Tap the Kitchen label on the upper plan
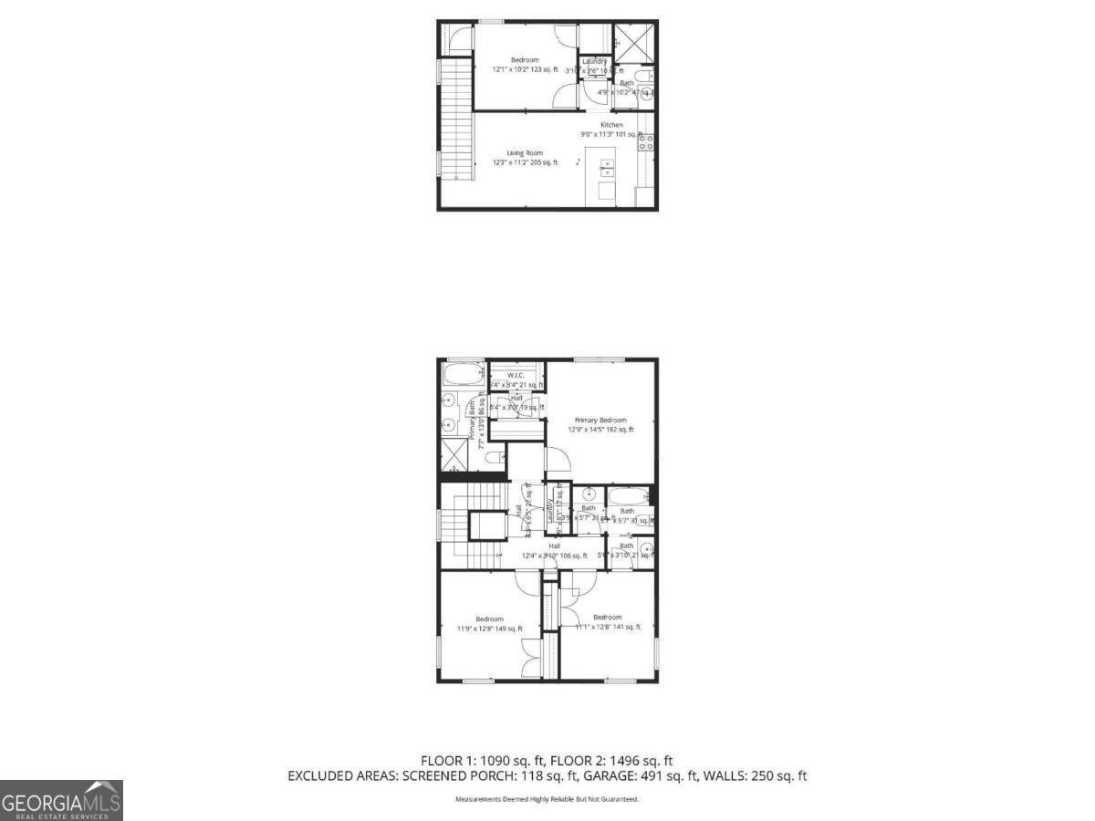pyautogui.click(x=611, y=125)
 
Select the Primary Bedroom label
pyautogui.click(x=600, y=420)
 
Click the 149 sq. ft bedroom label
pyautogui.click(x=489, y=619)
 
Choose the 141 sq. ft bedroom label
pyautogui.click(x=607, y=618)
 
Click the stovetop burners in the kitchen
pyautogui.click(x=645, y=141)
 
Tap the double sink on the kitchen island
pyautogui.click(x=607, y=168)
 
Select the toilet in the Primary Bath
pyautogui.click(x=494, y=456)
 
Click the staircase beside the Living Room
pyautogui.click(x=457, y=119)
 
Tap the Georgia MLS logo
pyautogui.click(x=61, y=801)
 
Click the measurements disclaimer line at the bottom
pyautogui.click(x=547, y=799)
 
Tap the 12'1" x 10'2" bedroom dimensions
pyautogui.click(x=525, y=69)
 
